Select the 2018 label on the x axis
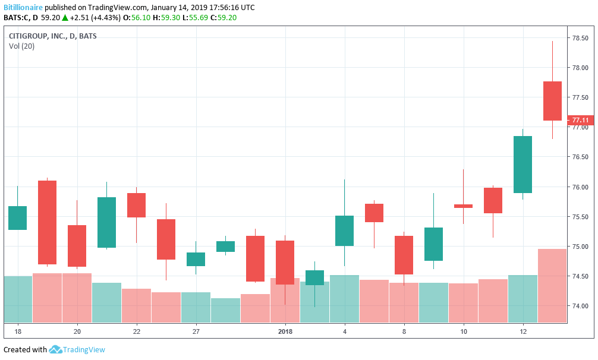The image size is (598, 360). [285, 331]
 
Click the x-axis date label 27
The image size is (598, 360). [196, 331]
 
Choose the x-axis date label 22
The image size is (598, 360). [137, 331]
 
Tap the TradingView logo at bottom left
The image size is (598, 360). [77, 349]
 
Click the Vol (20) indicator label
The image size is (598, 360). [21, 46]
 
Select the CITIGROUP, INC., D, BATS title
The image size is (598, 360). [52, 36]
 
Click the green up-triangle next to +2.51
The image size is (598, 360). [65, 17]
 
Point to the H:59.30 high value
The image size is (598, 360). [166, 17]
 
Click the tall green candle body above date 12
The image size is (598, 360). [523, 165]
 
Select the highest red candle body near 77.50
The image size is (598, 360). [552, 101]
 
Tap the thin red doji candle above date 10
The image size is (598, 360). [463, 206]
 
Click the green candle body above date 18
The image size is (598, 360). [17, 218]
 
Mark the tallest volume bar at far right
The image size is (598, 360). [552, 285]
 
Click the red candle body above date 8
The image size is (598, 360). [404, 255]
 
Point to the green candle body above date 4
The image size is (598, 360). [344, 230]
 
